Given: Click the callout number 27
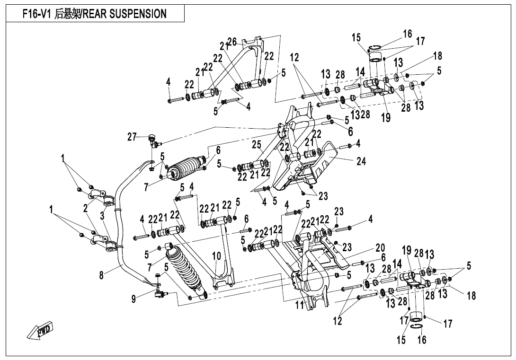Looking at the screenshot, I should point(132,137).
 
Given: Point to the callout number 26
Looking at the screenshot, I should point(232,42).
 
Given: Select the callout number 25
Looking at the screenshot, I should point(257,144).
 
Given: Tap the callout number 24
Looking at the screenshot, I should point(361,161).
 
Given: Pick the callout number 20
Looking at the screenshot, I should point(380,247).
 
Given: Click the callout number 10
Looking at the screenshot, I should point(216,256).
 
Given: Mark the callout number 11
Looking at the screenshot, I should point(299,305).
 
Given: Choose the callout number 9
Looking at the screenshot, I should point(134,299).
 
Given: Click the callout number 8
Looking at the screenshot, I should point(102,274).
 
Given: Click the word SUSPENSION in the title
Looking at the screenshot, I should point(138,14).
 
